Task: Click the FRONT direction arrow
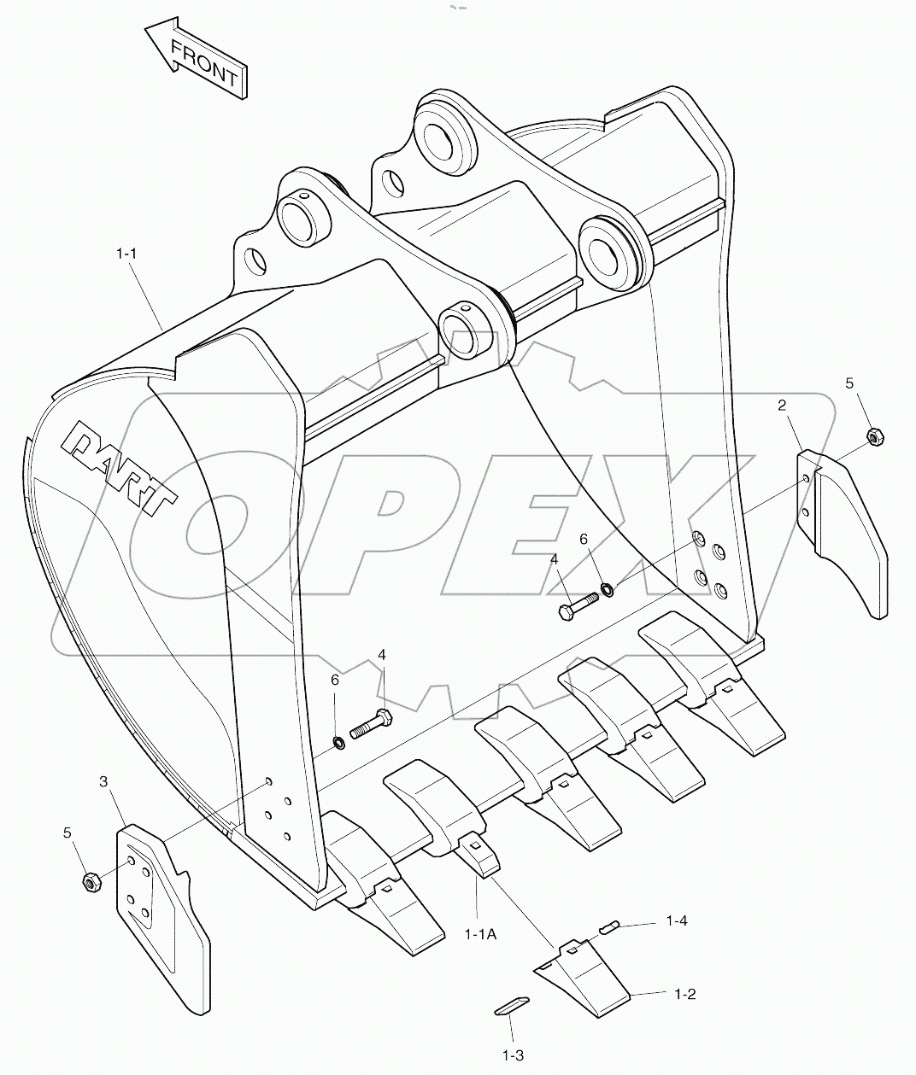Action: click(x=197, y=60)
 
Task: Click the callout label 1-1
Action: click(x=126, y=254)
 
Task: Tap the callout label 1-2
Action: click(x=685, y=994)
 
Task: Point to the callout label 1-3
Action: click(x=513, y=1055)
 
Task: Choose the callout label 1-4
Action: click(x=677, y=921)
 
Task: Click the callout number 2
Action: click(x=782, y=406)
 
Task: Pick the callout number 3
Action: click(x=103, y=780)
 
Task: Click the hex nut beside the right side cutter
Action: click(x=874, y=437)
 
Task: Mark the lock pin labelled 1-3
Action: click(x=513, y=1006)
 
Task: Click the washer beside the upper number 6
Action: click(x=608, y=587)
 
